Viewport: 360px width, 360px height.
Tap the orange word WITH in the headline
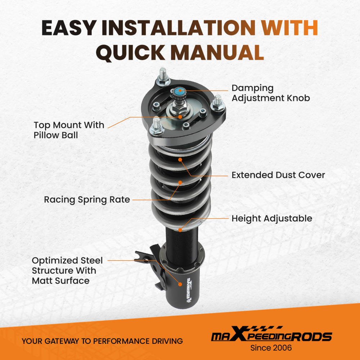(x=289, y=28)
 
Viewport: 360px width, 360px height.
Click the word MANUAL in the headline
(x=217, y=52)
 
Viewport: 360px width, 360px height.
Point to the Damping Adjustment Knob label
(x=271, y=93)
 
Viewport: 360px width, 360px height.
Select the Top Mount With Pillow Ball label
(x=69, y=130)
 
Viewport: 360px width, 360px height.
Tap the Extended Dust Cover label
(x=278, y=175)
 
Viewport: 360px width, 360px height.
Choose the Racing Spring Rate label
(x=87, y=200)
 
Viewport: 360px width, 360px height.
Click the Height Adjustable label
(x=272, y=219)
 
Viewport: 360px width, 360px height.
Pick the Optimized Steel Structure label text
(x=67, y=270)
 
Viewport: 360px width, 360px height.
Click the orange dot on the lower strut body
(x=180, y=284)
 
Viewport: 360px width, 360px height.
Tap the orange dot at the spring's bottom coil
(x=180, y=230)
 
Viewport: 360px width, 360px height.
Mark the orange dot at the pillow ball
(x=180, y=117)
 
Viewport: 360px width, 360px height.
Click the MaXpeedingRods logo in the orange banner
(x=271, y=334)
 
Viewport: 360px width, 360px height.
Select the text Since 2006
(x=271, y=348)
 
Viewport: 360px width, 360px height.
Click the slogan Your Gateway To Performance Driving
(x=102, y=341)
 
